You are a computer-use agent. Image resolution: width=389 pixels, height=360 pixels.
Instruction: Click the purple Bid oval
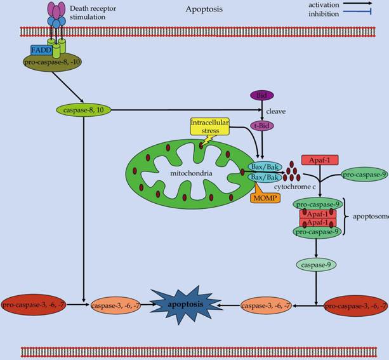point(261,95)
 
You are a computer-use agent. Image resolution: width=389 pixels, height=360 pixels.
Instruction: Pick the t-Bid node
point(261,125)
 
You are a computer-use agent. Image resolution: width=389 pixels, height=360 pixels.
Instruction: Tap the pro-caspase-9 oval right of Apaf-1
point(364,173)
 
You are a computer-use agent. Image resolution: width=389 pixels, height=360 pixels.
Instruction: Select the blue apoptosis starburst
point(185,305)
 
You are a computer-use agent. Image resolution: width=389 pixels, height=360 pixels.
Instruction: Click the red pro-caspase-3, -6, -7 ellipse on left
point(32,305)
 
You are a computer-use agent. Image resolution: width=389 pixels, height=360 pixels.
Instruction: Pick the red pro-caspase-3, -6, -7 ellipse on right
point(355,306)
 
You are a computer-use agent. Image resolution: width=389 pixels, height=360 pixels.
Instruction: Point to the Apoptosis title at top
point(204,10)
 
